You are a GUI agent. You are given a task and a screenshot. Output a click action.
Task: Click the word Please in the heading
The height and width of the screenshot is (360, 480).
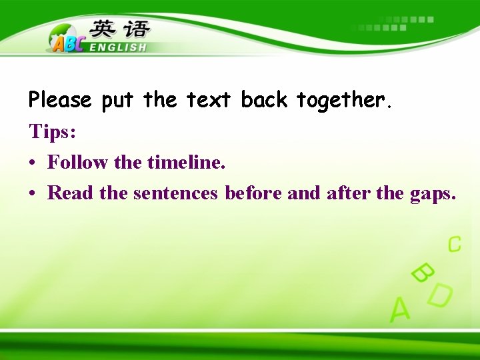[60, 101]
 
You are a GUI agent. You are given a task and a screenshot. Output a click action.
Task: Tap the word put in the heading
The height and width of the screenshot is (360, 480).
[118, 101]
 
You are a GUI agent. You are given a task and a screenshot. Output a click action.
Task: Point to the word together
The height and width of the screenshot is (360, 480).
[341, 101]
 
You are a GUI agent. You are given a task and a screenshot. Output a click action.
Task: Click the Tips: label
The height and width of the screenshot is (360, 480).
[53, 132]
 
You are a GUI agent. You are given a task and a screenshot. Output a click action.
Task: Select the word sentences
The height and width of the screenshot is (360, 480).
[175, 193]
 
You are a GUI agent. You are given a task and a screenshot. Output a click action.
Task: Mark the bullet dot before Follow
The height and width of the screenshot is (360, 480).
[33, 163]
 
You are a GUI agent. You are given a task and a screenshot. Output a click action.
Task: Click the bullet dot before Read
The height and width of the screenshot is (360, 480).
[33, 194]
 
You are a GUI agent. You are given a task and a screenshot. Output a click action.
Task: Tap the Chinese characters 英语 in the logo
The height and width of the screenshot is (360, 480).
[121, 29]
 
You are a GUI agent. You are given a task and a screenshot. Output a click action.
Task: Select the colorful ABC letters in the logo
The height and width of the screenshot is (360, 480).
[67, 43]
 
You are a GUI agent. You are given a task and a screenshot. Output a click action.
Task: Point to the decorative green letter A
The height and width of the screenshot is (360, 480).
[399, 309]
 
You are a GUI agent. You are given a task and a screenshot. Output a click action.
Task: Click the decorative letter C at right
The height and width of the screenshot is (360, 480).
[454, 244]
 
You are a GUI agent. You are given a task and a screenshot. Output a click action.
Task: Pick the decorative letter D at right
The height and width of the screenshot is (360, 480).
[440, 295]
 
